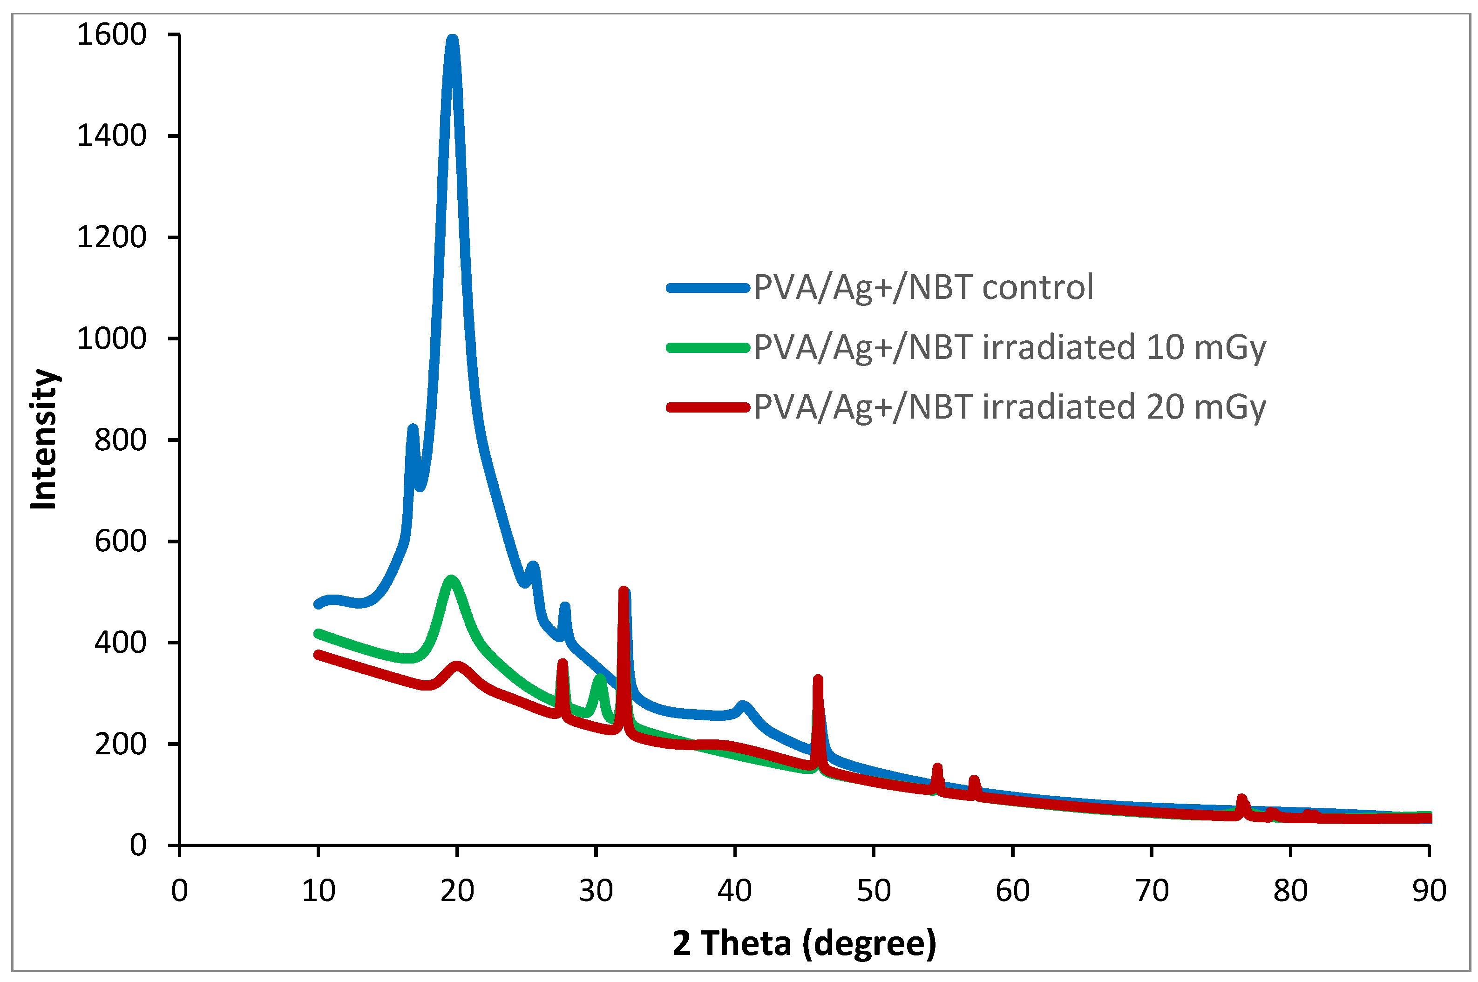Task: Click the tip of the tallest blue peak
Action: [x=452, y=40]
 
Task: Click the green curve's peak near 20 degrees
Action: [x=451, y=579]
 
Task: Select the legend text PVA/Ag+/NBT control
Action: [x=923, y=287]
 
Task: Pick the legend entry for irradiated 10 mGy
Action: [x=1009, y=347]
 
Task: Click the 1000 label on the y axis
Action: [x=111, y=339]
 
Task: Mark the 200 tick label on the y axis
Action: [x=120, y=745]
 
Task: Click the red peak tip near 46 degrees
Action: [x=817, y=678]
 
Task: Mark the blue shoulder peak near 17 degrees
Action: [x=412, y=428]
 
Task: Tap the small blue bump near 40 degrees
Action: [x=742, y=706]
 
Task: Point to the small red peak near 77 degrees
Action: [x=1241, y=799]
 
